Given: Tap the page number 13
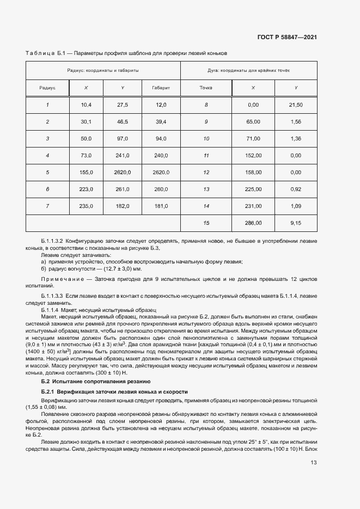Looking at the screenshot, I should [314, 463].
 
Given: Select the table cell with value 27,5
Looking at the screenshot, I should [123, 105].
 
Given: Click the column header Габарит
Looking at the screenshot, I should [161, 88].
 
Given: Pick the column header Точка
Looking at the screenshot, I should [206, 88].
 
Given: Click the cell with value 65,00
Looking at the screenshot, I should [253, 122].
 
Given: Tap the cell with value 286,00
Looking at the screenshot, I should [253, 223].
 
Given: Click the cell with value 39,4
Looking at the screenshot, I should [161, 122].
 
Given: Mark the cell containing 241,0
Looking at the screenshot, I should [123, 156].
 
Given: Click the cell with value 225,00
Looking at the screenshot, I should [253, 189].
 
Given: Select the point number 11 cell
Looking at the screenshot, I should [206, 156].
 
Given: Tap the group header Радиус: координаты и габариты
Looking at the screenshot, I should [103, 71].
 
